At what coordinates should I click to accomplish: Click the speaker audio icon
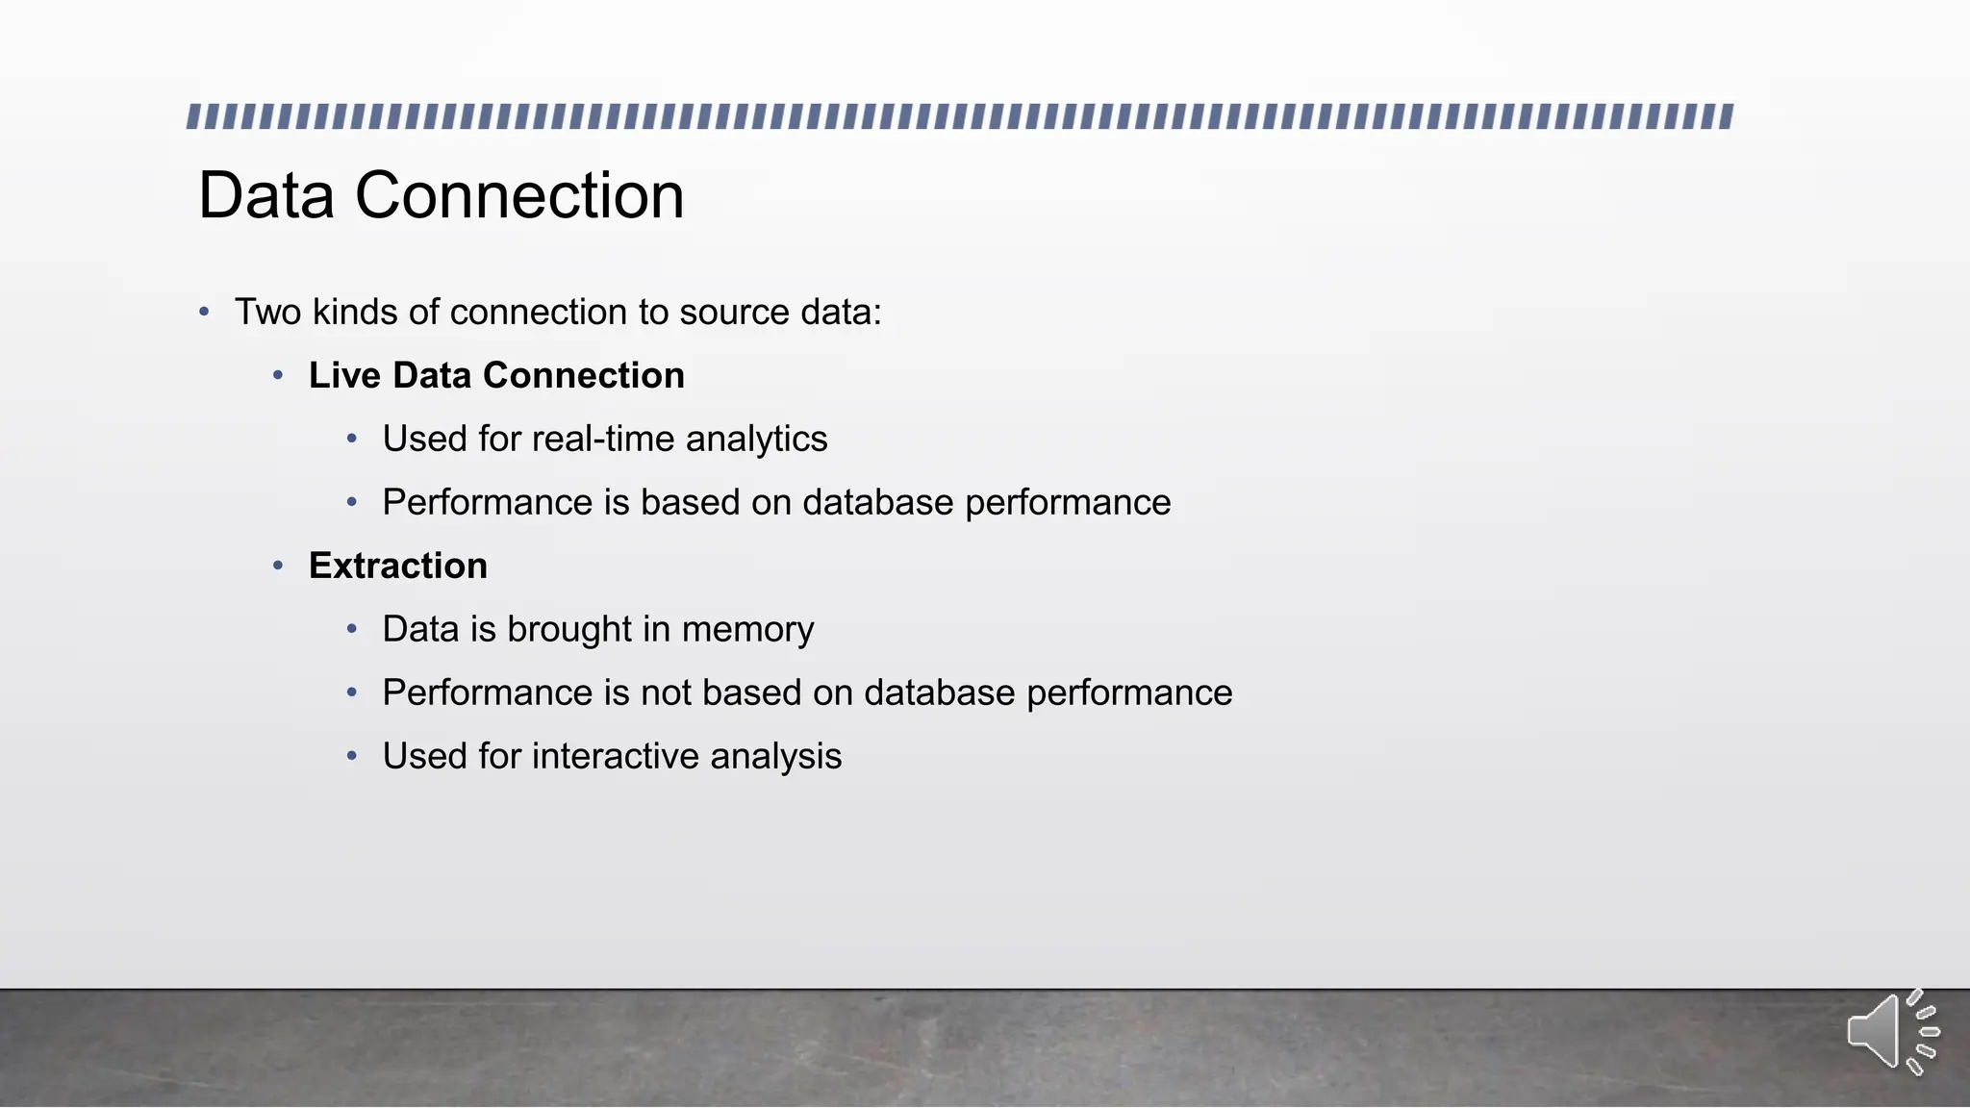pyautogui.click(x=1891, y=1032)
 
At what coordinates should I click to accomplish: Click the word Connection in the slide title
pyautogui.click(x=519, y=196)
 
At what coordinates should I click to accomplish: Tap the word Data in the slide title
pyautogui.click(x=266, y=196)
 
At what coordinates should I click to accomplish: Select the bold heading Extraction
pyautogui.click(x=397, y=566)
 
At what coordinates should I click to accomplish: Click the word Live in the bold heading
pyautogui.click(x=344, y=375)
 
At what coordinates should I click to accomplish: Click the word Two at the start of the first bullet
pyautogui.click(x=267, y=313)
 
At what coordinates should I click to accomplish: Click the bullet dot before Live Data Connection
pyautogui.click(x=278, y=376)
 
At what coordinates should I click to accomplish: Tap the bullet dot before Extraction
pyautogui.click(x=278, y=567)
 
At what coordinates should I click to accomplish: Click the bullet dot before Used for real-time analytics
pyautogui.click(x=352, y=440)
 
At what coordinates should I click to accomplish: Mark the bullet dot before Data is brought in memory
pyautogui.click(x=352, y=630)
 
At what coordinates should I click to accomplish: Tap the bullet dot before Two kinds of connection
pyautogui.click(x=204, y=313)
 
